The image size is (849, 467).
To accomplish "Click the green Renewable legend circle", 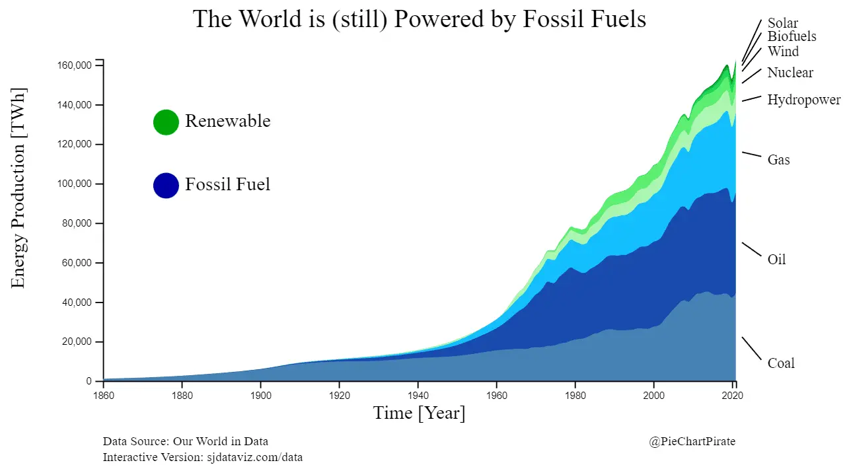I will (x=166, y=122).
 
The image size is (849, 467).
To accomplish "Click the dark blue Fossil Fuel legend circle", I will (x=166, y=186).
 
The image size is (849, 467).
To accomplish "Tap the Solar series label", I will (x=782, y=24).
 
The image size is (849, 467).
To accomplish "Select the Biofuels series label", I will (x=792, y=37).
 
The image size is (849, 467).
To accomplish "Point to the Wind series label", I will (x=783, y=52).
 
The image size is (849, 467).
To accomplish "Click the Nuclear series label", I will (x=790, y=73).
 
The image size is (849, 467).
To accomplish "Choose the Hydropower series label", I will (x=803, y=100).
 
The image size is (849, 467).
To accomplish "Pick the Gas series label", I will (x=778, y=160).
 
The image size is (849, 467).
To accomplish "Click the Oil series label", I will (x=776, y=260).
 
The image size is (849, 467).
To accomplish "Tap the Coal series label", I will (x=781, y=363).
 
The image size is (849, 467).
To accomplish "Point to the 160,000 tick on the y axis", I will (x=74, y=65).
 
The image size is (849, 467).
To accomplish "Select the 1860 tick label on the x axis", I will (x=104, y=396).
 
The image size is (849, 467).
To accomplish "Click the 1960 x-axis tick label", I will (x=496, y=396).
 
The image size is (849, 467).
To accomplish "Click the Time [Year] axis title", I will (x=419, y=413).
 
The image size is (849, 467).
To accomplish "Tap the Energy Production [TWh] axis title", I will (x=18, y=188).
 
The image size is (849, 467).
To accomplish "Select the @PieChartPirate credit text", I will (x=692, y=441).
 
